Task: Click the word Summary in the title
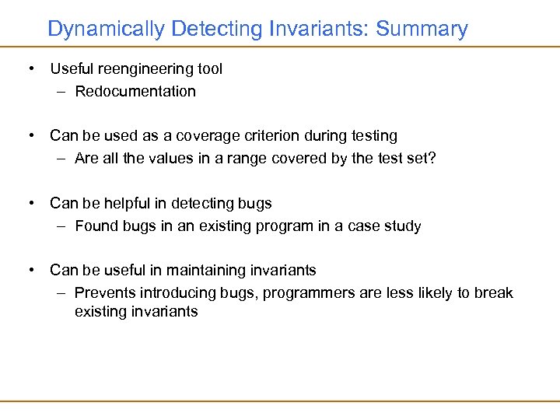(421, 30)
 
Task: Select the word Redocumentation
(135, 91)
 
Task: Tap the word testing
(374, 136)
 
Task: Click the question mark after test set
(432, 159)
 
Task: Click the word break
(495, 293)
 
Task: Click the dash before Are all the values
(61, 159)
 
